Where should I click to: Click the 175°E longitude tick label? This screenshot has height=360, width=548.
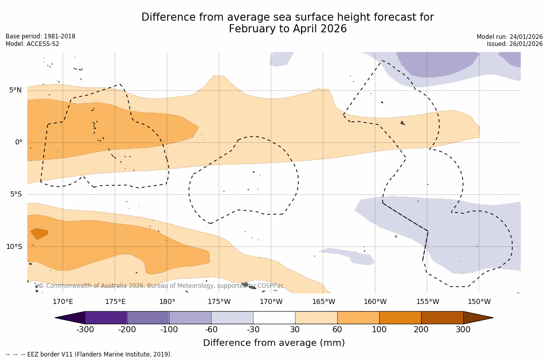point(115,302)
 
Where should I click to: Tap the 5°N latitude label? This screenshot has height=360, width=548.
point(15,90)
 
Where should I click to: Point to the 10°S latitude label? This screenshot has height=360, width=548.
point(14,247)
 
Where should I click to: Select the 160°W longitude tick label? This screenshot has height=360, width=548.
point(375,302)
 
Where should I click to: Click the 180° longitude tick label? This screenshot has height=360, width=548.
point(167,302)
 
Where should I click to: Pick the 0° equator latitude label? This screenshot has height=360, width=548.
point(19,142)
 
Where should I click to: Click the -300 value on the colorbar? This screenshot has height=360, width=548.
point(85,330)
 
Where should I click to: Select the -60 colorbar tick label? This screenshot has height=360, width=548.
point(211,330)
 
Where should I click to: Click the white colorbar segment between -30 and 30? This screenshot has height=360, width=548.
point(274,318)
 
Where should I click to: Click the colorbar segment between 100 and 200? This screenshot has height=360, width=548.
point(400,318)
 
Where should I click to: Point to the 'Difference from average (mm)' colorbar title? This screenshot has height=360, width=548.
point(274,343)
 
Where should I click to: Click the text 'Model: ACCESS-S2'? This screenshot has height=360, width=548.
point(32,44)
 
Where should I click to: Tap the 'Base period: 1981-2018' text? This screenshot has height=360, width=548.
point(40,36)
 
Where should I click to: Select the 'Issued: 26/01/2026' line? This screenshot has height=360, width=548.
point(515,44)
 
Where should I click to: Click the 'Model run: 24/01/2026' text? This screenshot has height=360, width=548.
point(510,37)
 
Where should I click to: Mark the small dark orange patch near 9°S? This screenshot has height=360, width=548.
point(39,233)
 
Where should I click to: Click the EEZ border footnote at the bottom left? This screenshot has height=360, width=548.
point(89,354)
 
